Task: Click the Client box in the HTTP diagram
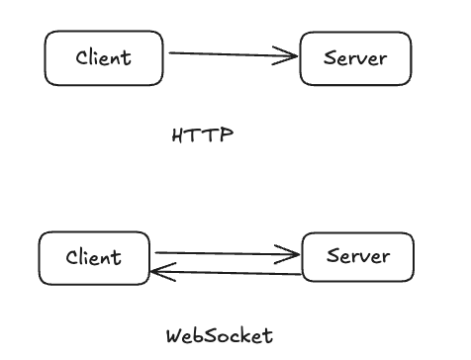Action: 103,57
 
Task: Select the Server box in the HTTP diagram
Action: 356,57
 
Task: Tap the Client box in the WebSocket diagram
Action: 94,258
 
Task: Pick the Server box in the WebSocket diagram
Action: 357,257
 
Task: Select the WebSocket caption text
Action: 218,335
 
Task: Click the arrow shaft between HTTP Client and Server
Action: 228,55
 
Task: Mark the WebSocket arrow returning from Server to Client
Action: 228,271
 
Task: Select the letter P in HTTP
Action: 228,135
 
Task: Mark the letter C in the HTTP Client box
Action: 82,57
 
